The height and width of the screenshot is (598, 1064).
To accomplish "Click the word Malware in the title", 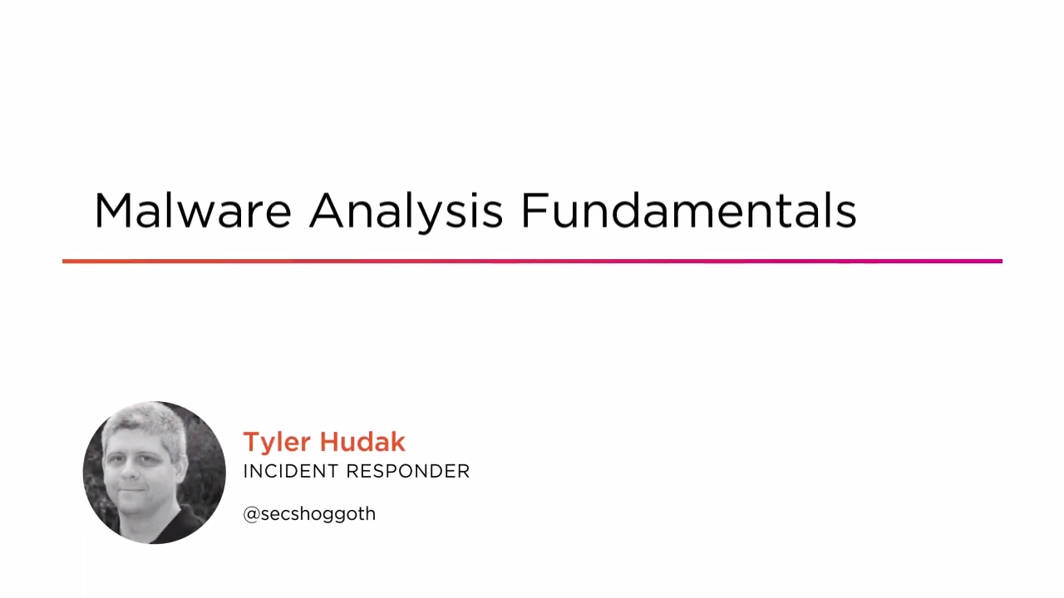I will point(192,211).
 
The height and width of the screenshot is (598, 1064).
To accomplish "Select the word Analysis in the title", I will point(406,211).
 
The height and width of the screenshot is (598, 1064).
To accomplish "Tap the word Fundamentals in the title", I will point(688,211).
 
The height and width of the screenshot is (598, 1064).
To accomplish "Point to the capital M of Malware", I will point(113,211).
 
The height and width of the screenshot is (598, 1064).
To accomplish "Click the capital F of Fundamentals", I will point(533,211).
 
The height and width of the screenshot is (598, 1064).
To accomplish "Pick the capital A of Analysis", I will point(327,211).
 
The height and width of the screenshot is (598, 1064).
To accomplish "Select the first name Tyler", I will point(277,443).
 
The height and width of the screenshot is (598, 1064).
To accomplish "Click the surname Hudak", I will point(362,442).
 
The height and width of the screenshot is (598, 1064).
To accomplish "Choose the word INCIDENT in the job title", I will point(291,472).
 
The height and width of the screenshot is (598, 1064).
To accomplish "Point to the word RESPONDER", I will point(409,472).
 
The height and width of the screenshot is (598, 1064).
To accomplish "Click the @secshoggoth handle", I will point(309,514).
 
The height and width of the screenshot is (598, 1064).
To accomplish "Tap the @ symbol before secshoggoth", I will point(251,514).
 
